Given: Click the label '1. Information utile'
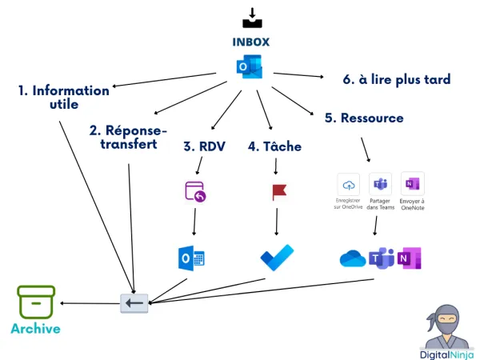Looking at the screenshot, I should point(63,98).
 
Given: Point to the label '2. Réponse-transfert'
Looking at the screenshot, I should point(128,137).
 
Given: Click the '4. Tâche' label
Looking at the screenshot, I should point(274,146).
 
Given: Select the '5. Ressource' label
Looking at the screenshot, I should point(364,118).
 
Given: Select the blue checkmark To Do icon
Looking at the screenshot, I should point(277,258).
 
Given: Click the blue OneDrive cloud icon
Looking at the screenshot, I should point(352,258).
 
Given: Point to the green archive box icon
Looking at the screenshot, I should point(36,302).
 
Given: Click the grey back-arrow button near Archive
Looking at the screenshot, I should point(134,303).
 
